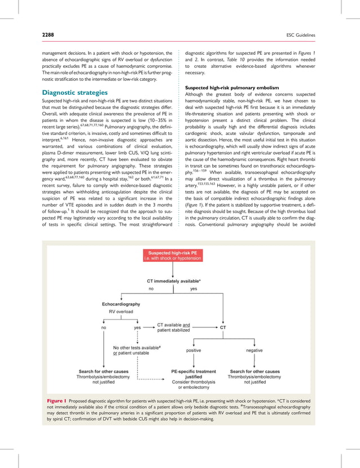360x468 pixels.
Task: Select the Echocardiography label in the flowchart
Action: pyautogui.click(x=121, y=304)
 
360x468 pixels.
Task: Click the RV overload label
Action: pyautogui.click(x=121, y=311)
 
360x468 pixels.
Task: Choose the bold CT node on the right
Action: pyautogui.click(x=223, y=326)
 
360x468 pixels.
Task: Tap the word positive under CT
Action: pyautogui.click(x=194, y=351)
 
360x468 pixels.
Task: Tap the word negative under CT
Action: pyautogui.click(x=254, y=351)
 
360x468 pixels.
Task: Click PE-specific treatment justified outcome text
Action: pyautogui.click(x=194, y=374)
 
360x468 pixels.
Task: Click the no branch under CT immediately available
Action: pyautogui.click(x=151, y=288)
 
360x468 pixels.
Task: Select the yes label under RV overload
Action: pyautogui.click(x=137, y=327)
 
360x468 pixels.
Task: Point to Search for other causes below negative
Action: pyautogui.click(x=254, y=371)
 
